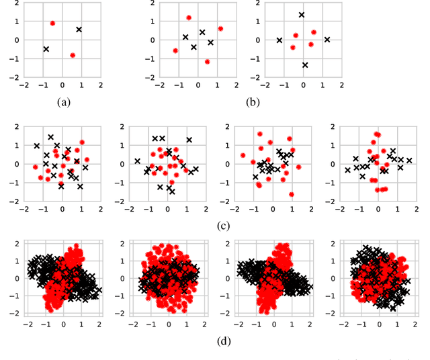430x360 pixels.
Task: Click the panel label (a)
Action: pos(64,103)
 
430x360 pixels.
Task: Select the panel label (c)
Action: pos(225,224)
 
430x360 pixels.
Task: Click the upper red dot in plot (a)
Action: pos(52,23)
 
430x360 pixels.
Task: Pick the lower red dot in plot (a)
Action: pos(73,55)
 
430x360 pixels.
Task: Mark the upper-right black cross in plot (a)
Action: pos(79,30)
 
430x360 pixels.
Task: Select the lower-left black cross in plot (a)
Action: pos(46,49)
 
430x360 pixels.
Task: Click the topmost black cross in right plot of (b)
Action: pos(302,15)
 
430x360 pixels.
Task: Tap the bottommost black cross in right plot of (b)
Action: pos(304,65)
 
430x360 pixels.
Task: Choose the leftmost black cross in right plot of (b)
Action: pos(279,40)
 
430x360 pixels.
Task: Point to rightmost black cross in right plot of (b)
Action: pos(327,40)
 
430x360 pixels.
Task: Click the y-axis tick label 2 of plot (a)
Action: pos(17,3)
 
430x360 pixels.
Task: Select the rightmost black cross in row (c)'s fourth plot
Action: pos(408,161)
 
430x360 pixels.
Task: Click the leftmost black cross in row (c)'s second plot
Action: pos(137,161)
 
